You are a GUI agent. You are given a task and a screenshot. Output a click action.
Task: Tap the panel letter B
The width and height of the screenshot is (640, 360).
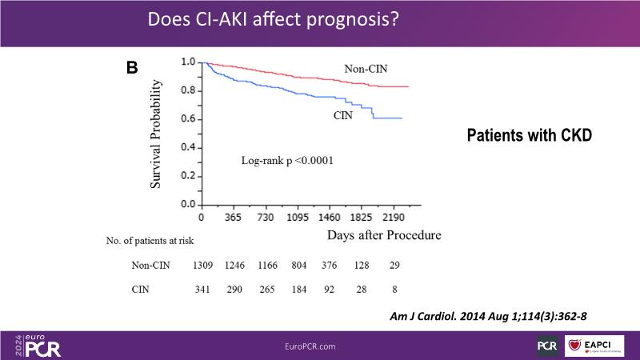click(132, 68)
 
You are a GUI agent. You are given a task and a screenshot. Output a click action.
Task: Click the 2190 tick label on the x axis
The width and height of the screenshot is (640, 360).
click(393, 217)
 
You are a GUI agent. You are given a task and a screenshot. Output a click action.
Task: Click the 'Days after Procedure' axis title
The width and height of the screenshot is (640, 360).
click(383, 235)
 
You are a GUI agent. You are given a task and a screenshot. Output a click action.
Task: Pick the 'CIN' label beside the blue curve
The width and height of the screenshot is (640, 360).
click(343, 116)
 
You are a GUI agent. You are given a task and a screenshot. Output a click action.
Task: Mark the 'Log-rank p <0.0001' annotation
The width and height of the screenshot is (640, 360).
click(287, 161)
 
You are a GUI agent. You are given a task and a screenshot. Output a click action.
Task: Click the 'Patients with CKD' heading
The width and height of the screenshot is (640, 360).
click(529, 135)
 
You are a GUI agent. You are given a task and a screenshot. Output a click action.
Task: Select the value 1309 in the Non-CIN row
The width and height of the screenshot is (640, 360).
click(204, 265)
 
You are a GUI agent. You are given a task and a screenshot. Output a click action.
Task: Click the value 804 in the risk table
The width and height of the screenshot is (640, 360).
click(299, 265)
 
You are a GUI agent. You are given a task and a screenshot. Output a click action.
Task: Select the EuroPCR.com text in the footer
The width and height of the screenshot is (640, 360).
click(310, 346)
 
